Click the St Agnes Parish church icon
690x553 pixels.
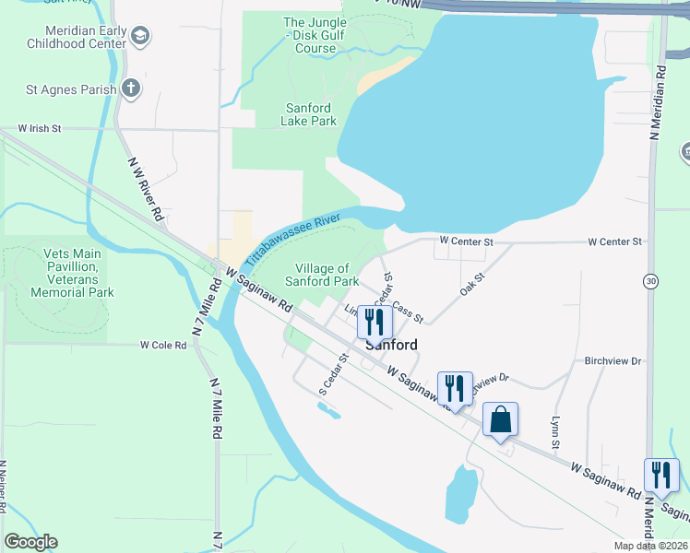tap(131, 89)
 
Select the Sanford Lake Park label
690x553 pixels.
tap(308, 114)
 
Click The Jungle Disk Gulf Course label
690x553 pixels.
tap(308, 35)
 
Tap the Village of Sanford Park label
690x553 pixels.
tap(321, 275)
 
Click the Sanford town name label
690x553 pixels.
tap(391, 345)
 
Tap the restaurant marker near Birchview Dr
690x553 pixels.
tap(455, 387)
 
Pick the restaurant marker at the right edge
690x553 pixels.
tap(660, 475)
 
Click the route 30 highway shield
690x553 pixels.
tap(652, 280)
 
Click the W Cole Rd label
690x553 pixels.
tap(163, 345)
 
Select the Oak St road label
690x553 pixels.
tap(472, 284)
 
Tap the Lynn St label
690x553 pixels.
tap(555, 432)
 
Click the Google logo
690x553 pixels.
tap(30, 542)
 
